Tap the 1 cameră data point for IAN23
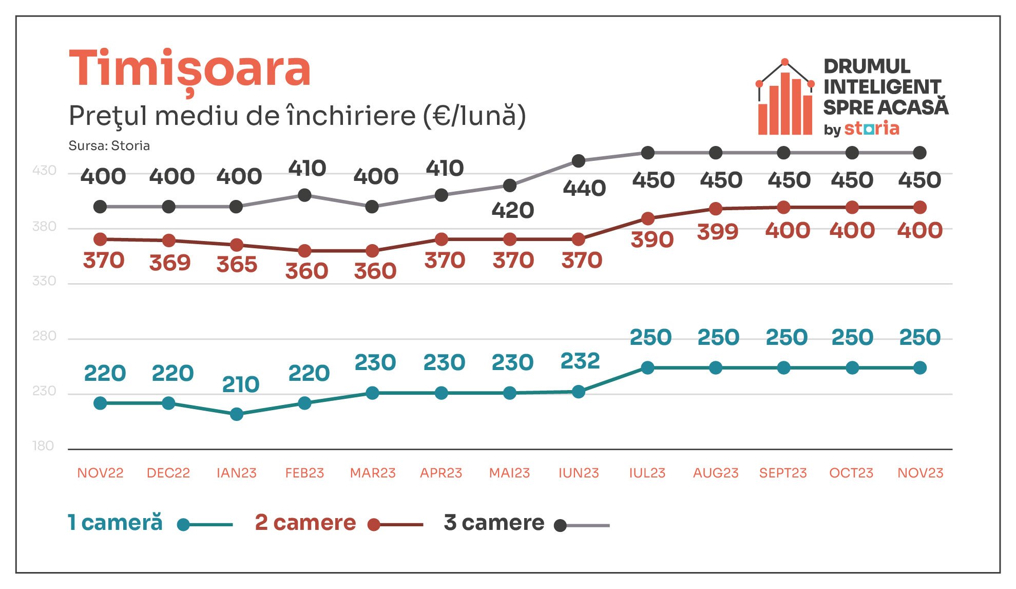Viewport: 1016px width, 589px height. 237,414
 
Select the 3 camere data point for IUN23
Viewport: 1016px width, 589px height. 579,161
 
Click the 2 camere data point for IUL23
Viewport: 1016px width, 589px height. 648,219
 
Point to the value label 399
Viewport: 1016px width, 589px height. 718,232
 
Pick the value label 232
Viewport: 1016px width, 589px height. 580,361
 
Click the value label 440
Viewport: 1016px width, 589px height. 584,189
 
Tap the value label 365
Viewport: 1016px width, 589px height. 237,265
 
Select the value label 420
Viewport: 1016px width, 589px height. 513,210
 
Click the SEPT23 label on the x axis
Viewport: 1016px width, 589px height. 783,473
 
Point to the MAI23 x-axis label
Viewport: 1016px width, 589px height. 509,473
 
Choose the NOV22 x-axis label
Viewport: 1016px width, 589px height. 100,473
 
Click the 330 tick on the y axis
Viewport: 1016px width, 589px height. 44,281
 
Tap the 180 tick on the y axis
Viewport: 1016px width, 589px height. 43,446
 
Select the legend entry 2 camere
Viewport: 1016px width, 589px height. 339,523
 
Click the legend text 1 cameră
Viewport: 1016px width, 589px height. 115,522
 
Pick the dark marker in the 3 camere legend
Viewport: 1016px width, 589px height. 561,525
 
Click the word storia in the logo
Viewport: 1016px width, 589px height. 872,128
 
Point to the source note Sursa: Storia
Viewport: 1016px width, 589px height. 109,146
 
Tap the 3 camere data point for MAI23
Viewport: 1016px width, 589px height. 510,186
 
